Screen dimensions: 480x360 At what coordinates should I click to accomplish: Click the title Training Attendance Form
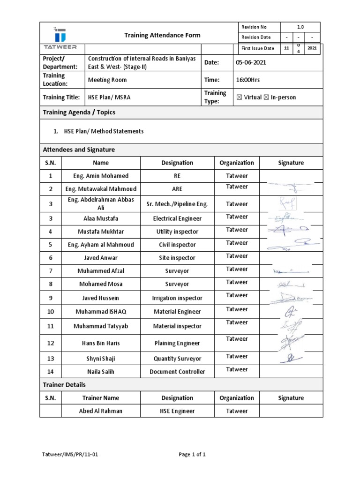[162, 35]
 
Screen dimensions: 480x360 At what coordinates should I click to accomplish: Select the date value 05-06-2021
[253, 62]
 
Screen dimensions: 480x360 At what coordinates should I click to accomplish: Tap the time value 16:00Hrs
[248, 80]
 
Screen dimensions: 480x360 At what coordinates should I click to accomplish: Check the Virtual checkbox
[240, 97]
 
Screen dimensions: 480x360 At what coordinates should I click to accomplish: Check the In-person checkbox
[267, 97]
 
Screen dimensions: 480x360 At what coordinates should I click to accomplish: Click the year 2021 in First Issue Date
[312, 48]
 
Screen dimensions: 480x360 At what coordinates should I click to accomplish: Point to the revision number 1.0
[300, 27]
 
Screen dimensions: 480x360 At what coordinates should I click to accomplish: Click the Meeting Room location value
[107, 80]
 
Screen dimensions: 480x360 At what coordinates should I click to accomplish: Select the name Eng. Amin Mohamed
[101, 176]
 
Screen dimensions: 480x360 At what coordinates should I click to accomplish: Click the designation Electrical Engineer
[177, 218]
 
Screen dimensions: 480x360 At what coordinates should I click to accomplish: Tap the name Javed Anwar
[101, 258]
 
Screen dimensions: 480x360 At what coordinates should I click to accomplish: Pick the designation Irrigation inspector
[177, 298]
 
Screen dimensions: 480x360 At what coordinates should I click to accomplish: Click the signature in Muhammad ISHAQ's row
[291, 311]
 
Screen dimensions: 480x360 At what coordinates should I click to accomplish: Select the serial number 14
[51, 372]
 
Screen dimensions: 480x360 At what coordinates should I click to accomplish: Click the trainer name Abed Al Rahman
[101, 411]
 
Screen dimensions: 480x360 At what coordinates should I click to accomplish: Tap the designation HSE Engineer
[177, 411]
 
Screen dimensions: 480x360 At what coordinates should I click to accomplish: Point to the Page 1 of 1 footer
[192, 454]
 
